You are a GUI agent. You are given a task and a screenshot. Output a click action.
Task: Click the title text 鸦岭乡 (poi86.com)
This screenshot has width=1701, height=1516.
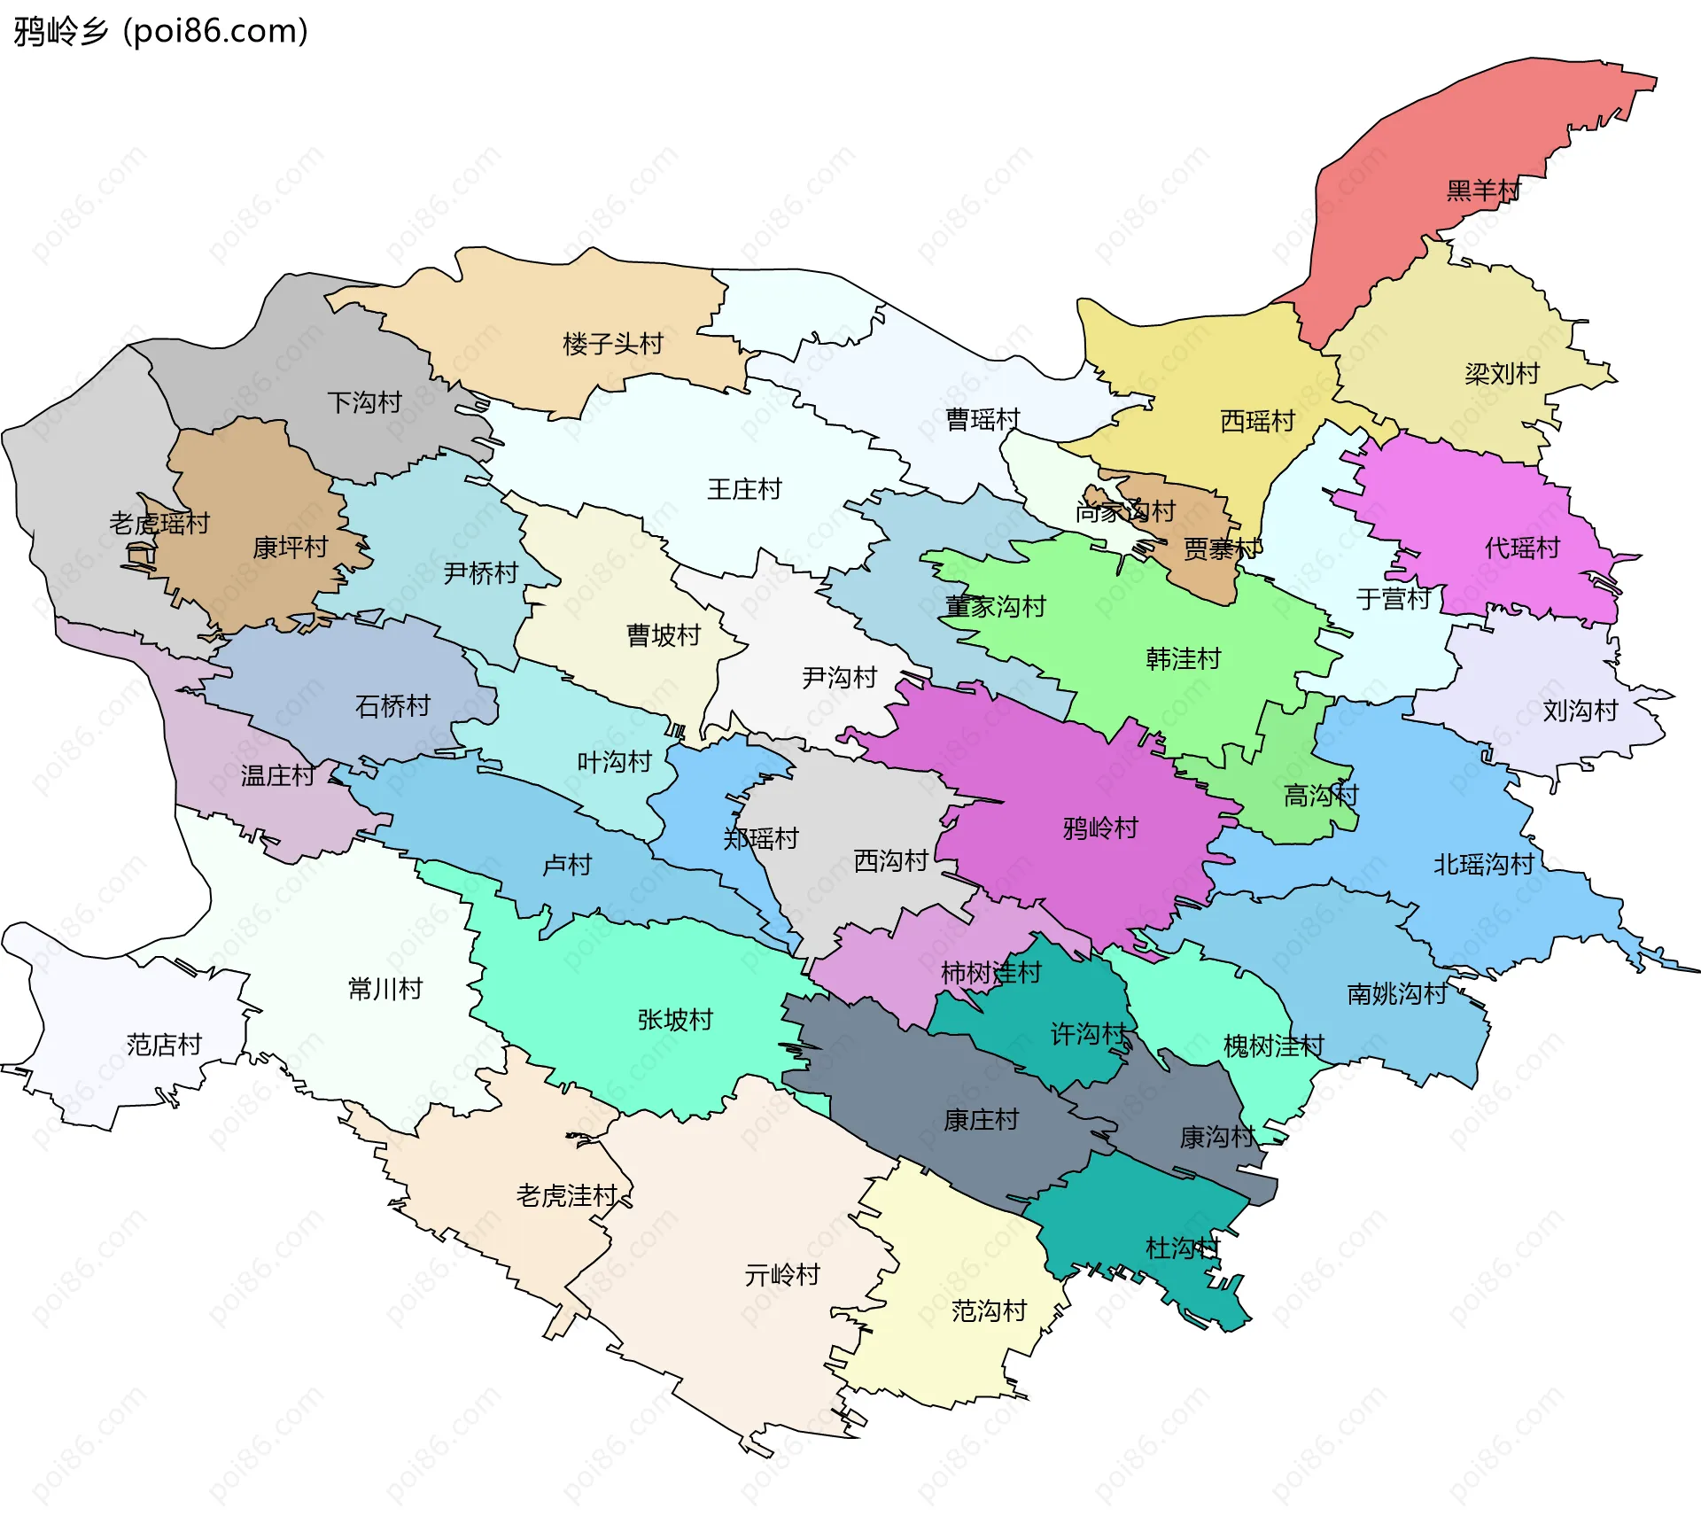(160, 32)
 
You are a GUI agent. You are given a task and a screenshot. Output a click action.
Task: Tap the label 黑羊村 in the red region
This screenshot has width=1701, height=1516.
(1482, 190)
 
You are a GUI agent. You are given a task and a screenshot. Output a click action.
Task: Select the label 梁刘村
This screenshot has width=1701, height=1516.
(1502, 374)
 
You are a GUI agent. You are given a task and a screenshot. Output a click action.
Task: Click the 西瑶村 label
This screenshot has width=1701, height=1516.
(1257, 421)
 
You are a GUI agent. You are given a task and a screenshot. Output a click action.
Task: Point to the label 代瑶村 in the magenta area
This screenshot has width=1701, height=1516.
(1521, 548)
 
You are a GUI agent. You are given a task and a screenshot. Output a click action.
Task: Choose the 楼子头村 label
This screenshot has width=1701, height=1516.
(612, 344)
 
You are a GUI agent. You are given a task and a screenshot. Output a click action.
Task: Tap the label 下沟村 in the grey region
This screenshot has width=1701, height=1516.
(364, 403)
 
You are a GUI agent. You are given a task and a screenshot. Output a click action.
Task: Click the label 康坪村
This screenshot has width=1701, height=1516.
(290, 548)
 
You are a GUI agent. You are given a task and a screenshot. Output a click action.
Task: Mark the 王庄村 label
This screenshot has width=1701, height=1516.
(744, 490)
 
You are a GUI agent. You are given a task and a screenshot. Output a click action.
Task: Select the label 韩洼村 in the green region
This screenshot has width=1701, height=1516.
(1183, 659)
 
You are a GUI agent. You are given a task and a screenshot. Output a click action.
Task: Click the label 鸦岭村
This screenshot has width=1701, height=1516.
(1100, 829)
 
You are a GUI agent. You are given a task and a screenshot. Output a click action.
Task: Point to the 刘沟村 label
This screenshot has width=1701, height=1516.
(1580, 711)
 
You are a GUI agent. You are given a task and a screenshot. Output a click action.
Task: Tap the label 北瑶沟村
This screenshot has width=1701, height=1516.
(1483, 865)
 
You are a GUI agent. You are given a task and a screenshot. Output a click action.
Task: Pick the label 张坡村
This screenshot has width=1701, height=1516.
(675, 1021)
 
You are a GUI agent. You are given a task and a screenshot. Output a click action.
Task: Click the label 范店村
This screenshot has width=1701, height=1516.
(164, 1046)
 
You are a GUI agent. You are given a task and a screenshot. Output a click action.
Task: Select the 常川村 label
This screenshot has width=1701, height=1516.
(385, 989)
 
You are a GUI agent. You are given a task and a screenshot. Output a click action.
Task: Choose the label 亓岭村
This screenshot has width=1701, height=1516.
(782, 1276)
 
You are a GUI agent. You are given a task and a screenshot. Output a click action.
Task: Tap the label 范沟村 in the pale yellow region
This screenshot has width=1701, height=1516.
(989, 1311)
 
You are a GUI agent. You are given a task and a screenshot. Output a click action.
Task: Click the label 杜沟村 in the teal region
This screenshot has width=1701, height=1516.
(1183, 1249)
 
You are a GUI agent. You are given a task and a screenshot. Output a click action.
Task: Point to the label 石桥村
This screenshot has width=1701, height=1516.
(392, 706)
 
